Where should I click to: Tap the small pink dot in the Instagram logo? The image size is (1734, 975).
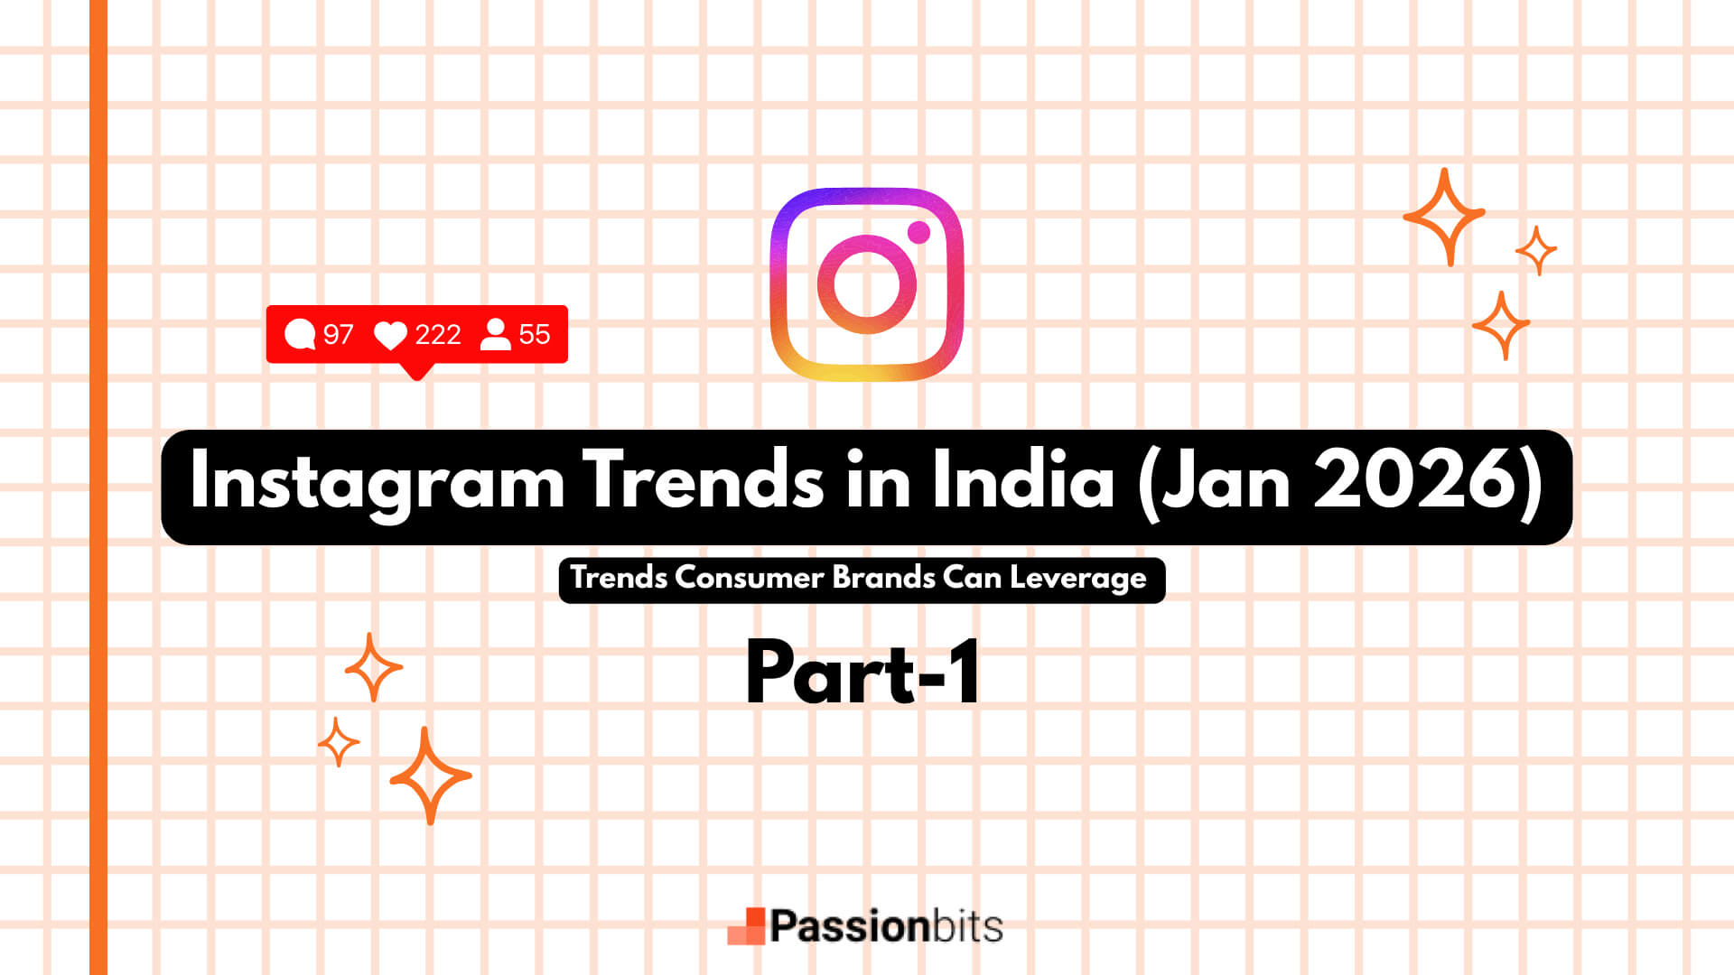[918, 232]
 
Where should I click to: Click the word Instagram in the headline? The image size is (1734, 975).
[378, 483]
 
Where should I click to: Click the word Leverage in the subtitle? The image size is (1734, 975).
[1078, 578]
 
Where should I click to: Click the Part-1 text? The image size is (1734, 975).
[863, 673]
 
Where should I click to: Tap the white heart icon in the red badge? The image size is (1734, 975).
[390, 335]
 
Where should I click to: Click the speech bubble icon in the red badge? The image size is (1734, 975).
[300, 334]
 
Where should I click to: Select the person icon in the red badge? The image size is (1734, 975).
[495, 334]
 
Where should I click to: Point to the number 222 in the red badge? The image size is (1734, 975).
[438, 335]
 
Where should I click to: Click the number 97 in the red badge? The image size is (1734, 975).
[338, 335]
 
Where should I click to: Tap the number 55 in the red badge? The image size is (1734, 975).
[535, 335]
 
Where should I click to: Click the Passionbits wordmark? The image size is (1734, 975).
[886, 926]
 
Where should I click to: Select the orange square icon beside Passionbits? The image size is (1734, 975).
[747, 926]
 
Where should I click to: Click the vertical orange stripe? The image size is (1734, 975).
[98, 487]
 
